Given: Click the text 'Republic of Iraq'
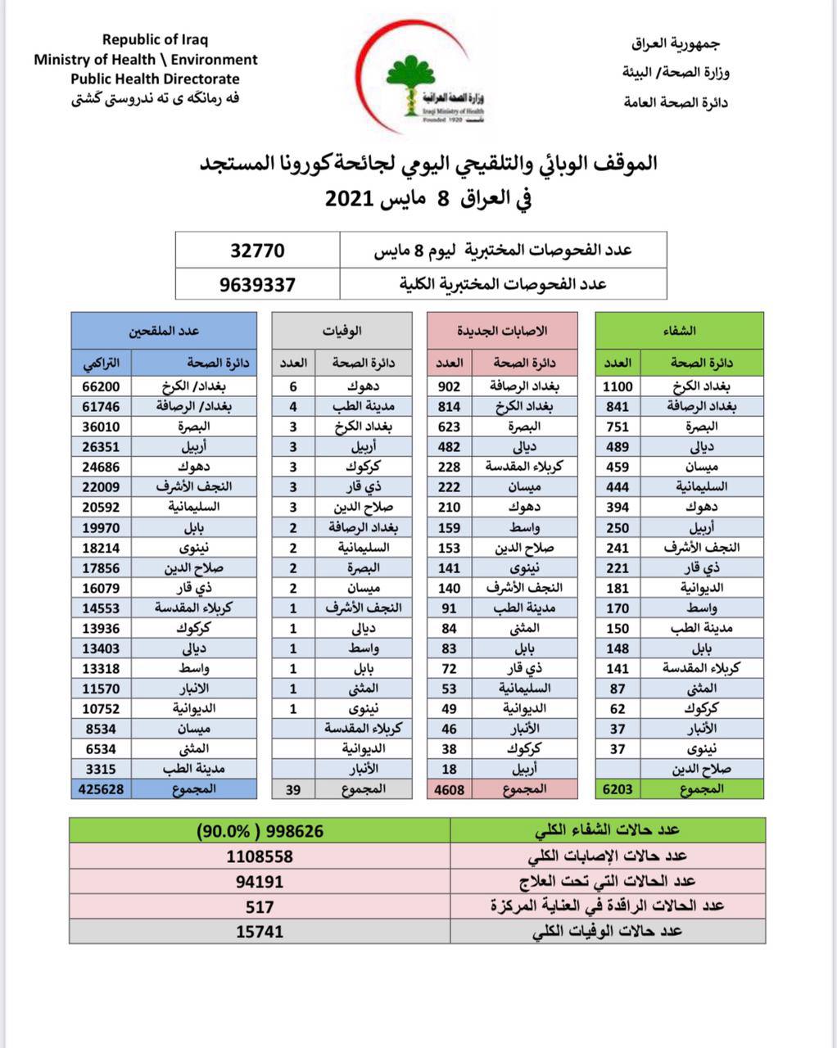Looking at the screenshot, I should pos(156,39).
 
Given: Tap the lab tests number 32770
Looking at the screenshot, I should pos(257,250).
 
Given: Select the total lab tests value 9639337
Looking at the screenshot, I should pos(257,285).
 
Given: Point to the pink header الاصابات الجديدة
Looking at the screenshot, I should pos(513,331).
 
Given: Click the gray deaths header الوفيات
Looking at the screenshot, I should pos(343,331).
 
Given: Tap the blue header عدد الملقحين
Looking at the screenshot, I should pos(165,331).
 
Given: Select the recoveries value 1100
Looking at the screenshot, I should pos(618,386).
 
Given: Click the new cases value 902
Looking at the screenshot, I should pos(449,386).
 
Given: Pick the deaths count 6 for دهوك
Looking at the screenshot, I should pos(293,386).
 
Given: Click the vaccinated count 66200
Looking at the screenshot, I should pos(102,386).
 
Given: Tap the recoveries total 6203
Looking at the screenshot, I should pos(618,789).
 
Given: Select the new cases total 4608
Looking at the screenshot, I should pos(449,789).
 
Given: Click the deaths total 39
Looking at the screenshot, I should pos(293,789).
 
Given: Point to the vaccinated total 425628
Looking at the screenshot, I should pos(102,789).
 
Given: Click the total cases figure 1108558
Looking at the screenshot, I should pos(260,856).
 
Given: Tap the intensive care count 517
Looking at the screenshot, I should pos(260,906).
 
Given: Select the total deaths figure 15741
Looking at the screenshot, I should pos(260,931).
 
